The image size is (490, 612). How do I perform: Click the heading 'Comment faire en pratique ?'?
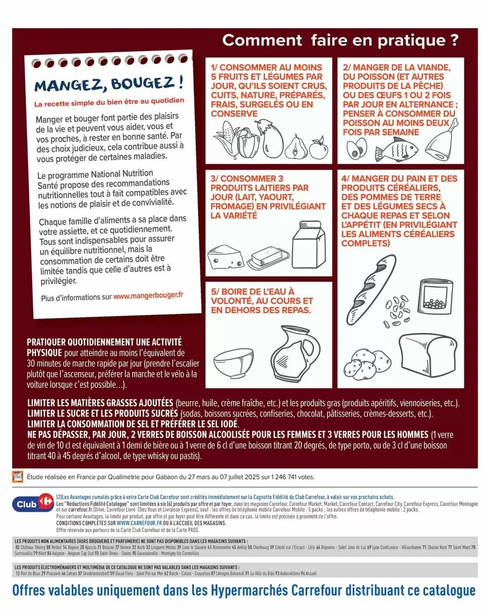tap(341, 41)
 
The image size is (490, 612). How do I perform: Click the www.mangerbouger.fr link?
tap(148, 296)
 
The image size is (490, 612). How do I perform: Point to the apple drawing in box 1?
tap(318, 147)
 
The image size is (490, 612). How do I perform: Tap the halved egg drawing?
tap(357, 148)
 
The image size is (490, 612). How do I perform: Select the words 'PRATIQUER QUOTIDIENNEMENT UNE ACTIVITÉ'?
tap(104, 342)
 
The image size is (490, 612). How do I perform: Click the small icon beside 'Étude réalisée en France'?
tap(18, 476)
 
